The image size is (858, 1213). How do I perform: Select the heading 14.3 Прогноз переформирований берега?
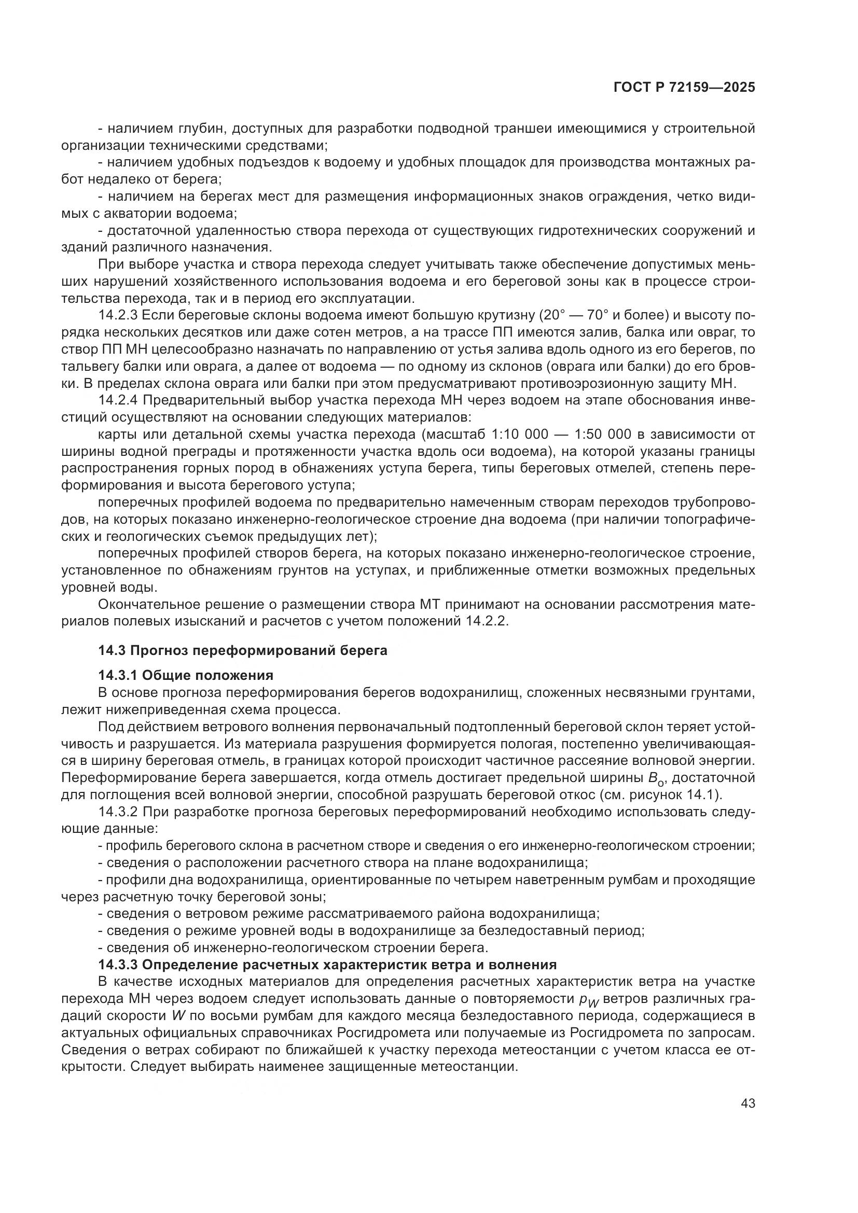[242, 650]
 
